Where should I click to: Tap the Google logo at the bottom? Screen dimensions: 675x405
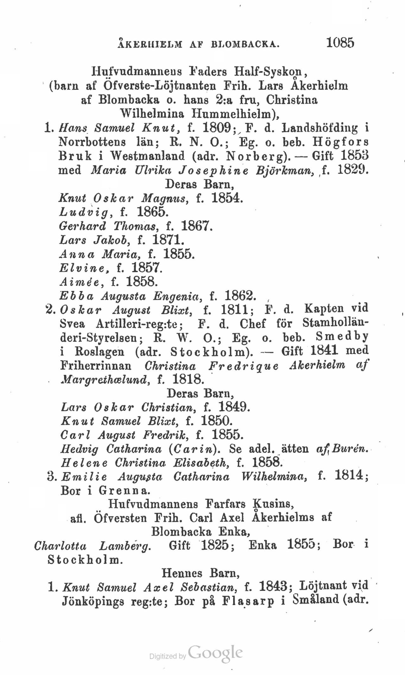(216, 652)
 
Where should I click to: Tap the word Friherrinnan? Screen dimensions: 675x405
(96, 366)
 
